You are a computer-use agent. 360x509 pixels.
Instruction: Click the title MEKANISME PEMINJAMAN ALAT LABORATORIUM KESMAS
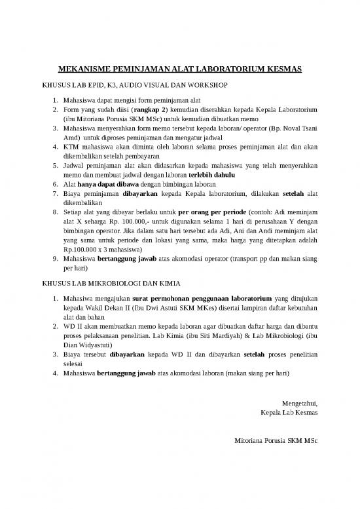point(179,69)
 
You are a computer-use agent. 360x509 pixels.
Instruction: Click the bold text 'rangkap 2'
point(149,111)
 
